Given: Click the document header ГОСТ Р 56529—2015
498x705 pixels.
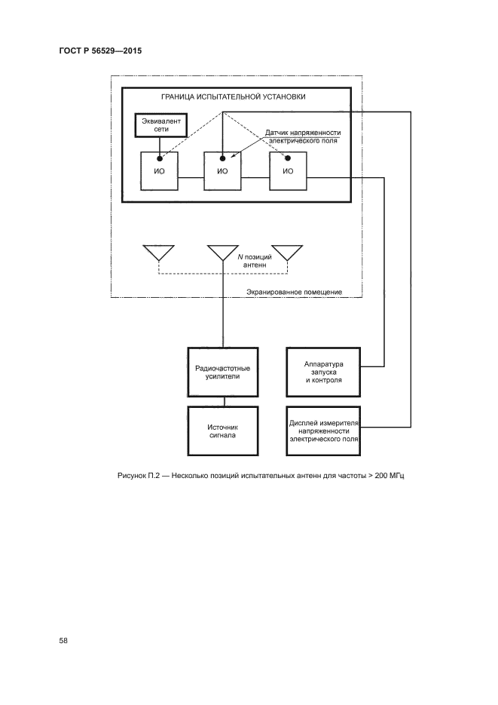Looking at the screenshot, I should click(100, 52).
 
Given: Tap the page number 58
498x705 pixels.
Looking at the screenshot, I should click(64, 641).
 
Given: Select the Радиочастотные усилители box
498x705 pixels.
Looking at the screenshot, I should click(223, 372).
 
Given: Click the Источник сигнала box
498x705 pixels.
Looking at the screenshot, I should click(223, 431).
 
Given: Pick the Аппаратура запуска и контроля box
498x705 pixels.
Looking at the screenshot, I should click(324, 372).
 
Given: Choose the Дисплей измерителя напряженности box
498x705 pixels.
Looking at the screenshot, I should click(324, 431).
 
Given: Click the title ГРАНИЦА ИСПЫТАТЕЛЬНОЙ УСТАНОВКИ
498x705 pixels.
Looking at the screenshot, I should click(234, 97).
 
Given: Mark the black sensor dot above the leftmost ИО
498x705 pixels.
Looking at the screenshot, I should click(158, 158).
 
